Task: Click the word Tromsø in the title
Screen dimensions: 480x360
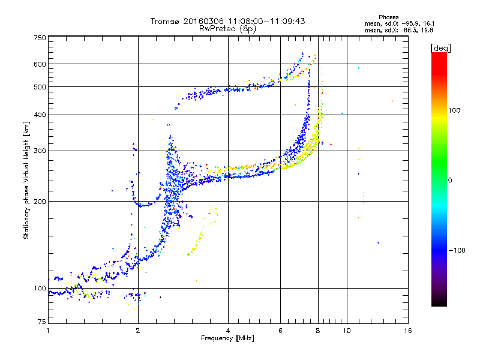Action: click(x=166, y=21)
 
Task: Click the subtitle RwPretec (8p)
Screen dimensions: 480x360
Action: click(x=227, y=29)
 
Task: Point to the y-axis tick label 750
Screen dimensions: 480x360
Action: click(x=40, y=38)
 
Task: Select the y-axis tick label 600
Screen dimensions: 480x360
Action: click(x=40, y=64)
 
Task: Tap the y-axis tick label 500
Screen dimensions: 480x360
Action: click(x=40, y=87)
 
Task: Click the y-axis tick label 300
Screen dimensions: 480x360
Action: click(x=40, y=151)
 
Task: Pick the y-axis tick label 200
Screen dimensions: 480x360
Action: click(x=40, y=202)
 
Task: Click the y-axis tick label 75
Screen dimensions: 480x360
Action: click(x=42, y=322)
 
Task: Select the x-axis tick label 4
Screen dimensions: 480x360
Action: click(x=228, y=331)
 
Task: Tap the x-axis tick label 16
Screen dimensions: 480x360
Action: click(x=408, y=331)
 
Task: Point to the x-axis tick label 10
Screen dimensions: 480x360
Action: click(x=347, y=331)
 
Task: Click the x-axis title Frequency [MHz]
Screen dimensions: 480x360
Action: click(x=227, y=338)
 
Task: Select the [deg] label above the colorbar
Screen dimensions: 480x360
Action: click(x=440, y=48)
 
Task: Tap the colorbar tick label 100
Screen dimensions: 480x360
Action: click(x=454, y=110)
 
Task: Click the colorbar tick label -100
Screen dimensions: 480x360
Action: click(x=457, y=250)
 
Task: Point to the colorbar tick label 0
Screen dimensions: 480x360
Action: click(x=450, y=181)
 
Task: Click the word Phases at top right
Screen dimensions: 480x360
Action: click(x=389, y=17)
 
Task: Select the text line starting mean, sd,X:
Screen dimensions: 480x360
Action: click(x=399, y=31)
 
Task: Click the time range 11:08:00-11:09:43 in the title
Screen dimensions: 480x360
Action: click(x=266, y=21)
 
